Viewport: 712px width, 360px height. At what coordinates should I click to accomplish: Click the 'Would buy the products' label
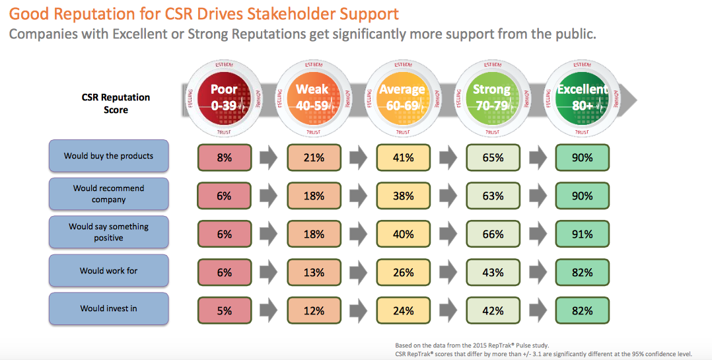(x=108, y=157)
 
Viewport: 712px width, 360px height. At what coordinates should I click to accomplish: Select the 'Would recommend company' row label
(x=108, y=194)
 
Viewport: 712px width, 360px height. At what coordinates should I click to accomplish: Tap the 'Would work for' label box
(x=108, y=271)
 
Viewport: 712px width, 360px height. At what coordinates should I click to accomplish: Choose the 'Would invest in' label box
(x=108, y=308)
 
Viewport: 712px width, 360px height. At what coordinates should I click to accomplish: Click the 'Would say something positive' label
(x=108, y=232)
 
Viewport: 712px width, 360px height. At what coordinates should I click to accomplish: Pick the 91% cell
(x=582, y=234)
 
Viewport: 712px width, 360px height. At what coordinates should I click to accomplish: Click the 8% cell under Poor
(x=225, y=158)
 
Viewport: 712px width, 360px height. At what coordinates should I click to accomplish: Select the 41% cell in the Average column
(x=404, y=158)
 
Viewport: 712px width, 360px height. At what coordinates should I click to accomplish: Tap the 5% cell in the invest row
(x=225, y=310)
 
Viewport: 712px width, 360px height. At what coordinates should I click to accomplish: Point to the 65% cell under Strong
(x=493, y=158)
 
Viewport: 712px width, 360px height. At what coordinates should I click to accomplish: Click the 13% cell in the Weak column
(x=314, y=272)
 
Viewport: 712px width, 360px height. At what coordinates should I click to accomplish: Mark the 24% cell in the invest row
(x=404, y=310)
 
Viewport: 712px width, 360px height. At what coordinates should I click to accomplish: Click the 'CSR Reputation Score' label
(x=117, y=103)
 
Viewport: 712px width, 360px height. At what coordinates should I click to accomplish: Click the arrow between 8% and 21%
(x=269, y=158)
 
